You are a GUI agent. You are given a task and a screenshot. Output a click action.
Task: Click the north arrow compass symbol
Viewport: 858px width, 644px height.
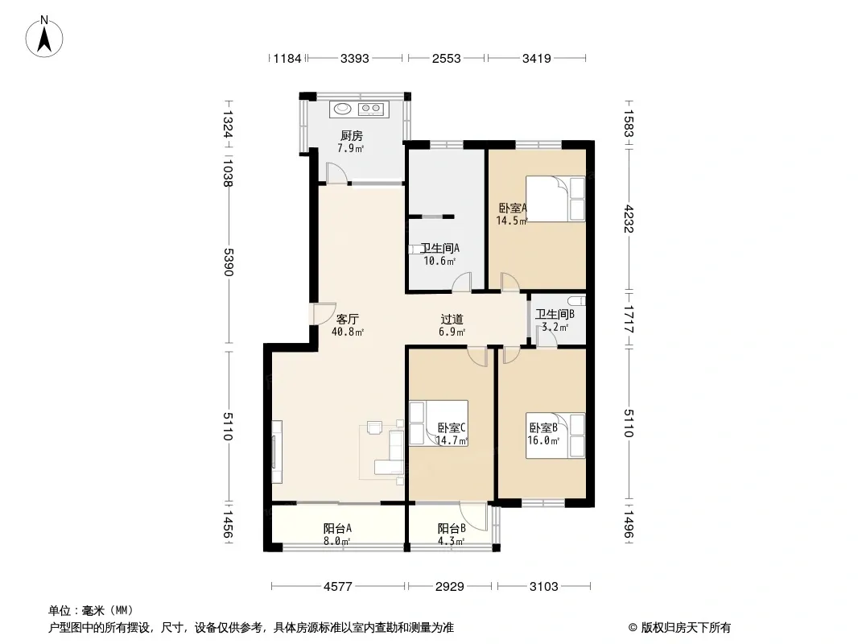click(44, 37)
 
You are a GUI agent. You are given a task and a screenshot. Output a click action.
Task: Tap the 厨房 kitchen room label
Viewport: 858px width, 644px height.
click(351, 135)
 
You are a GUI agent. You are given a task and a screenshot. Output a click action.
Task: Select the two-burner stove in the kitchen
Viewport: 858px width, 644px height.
click(370, 109)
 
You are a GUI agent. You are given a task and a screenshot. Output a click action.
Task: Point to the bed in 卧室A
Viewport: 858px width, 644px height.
click(555, 199)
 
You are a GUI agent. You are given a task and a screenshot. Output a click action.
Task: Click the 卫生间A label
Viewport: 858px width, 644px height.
click(439, 249)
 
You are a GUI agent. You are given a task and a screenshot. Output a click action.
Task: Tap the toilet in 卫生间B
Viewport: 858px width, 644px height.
click(577, 300)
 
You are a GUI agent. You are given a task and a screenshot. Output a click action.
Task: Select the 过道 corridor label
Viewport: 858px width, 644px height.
click(452, 319)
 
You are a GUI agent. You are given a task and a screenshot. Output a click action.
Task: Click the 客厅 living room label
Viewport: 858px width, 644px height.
click(348, 319)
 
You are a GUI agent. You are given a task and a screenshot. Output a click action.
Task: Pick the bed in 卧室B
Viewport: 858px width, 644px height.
click(555, 436)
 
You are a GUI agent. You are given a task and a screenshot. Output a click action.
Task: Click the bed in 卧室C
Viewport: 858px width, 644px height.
click(439, 423)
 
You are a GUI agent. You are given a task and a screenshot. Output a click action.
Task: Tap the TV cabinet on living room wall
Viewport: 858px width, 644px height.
click(277, 452)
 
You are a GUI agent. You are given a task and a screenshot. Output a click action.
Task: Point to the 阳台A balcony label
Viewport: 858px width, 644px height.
click(337, 529)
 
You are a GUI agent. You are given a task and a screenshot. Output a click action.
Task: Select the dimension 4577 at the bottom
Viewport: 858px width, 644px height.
click(337, 587)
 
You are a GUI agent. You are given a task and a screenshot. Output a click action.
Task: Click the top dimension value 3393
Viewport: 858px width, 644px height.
click(355, 58)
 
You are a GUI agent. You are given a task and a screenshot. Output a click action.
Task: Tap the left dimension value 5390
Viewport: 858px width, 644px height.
click(228, 262)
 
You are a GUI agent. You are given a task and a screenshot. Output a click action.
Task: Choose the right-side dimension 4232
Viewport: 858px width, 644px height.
click(628, 219)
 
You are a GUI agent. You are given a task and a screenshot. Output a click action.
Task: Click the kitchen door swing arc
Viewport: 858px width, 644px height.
click(336, 171)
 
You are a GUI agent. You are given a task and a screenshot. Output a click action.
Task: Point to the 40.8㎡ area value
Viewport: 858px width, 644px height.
click(348, 332)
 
